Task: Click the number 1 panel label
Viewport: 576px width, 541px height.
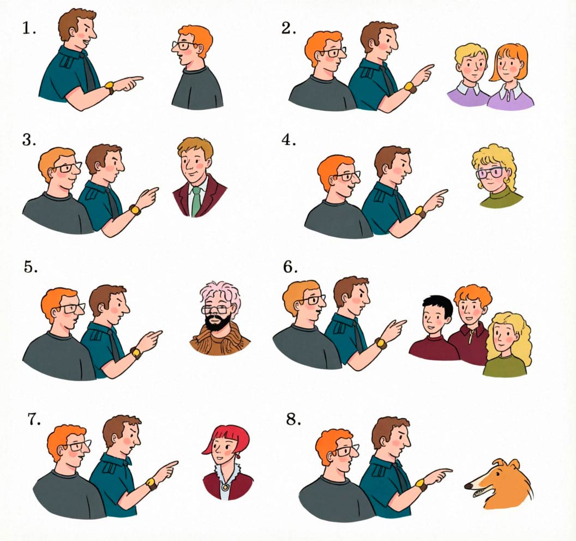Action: pos(29,28)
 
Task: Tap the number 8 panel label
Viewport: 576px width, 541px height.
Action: pos(294,419)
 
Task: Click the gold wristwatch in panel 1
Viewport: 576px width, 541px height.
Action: pos(110,87)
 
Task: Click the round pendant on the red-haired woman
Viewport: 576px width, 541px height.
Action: pos(224,487)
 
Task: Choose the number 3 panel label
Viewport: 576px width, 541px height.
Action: pos(29,140)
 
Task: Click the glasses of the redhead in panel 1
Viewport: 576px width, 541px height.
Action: pos(185,46)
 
